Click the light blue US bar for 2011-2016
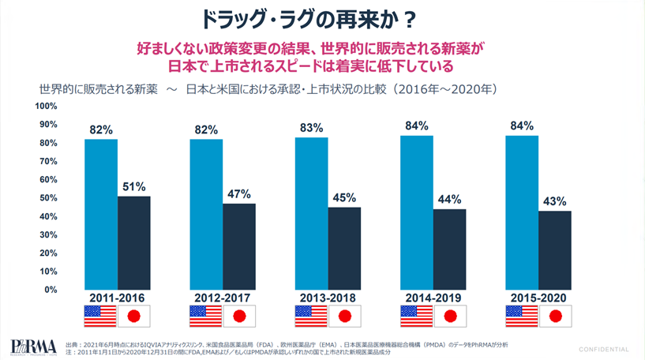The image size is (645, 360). tap(101, 214)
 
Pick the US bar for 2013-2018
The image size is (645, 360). tap(311, 213)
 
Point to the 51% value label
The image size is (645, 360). tap(133, 186)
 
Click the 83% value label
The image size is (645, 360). tap(311, 127)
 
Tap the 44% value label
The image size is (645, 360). tap(449, 199)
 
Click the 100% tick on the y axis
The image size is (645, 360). tap(46, 106)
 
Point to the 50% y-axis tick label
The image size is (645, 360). tap(47, 197)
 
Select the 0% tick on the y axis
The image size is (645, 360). tap(50, 289)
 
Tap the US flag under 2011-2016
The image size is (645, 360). tap(100, 316)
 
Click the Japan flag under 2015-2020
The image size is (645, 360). tap(555, 316)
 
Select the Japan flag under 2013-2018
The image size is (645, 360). tap(344, 316)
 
